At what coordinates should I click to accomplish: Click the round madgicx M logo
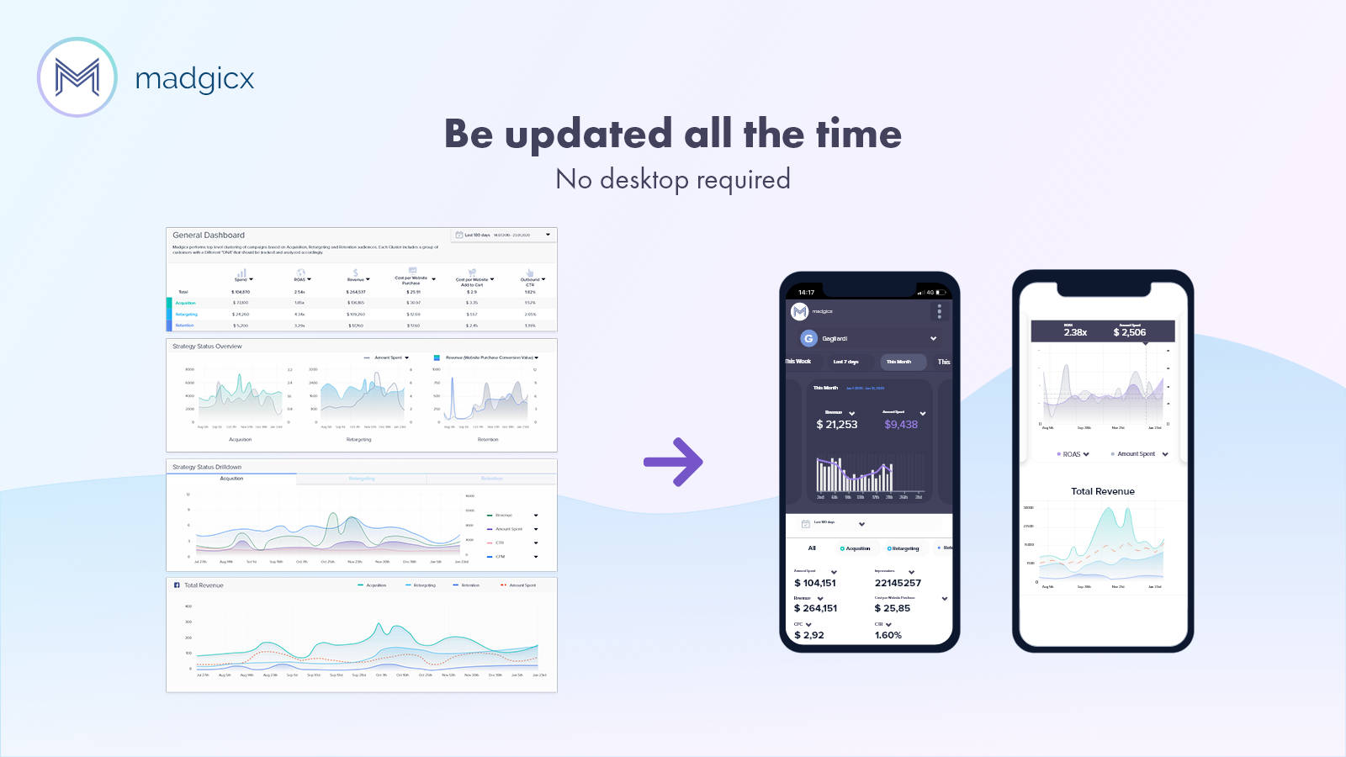pyautogui.click(x=77, y=77)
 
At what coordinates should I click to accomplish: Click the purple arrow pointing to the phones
pyautogui.click(x=673, y=461)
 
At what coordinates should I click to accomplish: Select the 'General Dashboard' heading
pyautogui.click(x=209, y=236)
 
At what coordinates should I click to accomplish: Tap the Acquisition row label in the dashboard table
pyautogui.click(x=185, y=303)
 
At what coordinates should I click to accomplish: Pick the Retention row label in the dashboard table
pyautogui.click(x=184, y=326)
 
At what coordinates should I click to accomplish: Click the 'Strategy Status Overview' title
pyautogui.click(x=207, y=347)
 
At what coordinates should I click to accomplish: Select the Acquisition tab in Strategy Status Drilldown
pyautogui.click(x=231, y=479)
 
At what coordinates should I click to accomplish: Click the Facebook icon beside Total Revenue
pyautogui.click(x=177, y=585)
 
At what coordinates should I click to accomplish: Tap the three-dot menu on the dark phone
pyautogui.click(x=939, y=312)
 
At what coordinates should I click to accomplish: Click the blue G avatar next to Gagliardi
pyautogui.click(x=808, y=338)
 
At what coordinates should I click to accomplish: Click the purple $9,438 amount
pyautogui.click(x=901, y=425)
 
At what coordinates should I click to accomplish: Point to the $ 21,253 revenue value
pyautogui.click(x=837, y=425)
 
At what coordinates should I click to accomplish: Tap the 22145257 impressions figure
pyautogui.click(x=898, y=583)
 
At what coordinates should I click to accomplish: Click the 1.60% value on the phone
pyautogui.click(x=888, y=635)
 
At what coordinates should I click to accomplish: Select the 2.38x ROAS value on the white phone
pyautogui.click(x=1075, y=332)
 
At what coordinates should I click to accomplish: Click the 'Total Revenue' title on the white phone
pyautogui.click(x=1102, y=491)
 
